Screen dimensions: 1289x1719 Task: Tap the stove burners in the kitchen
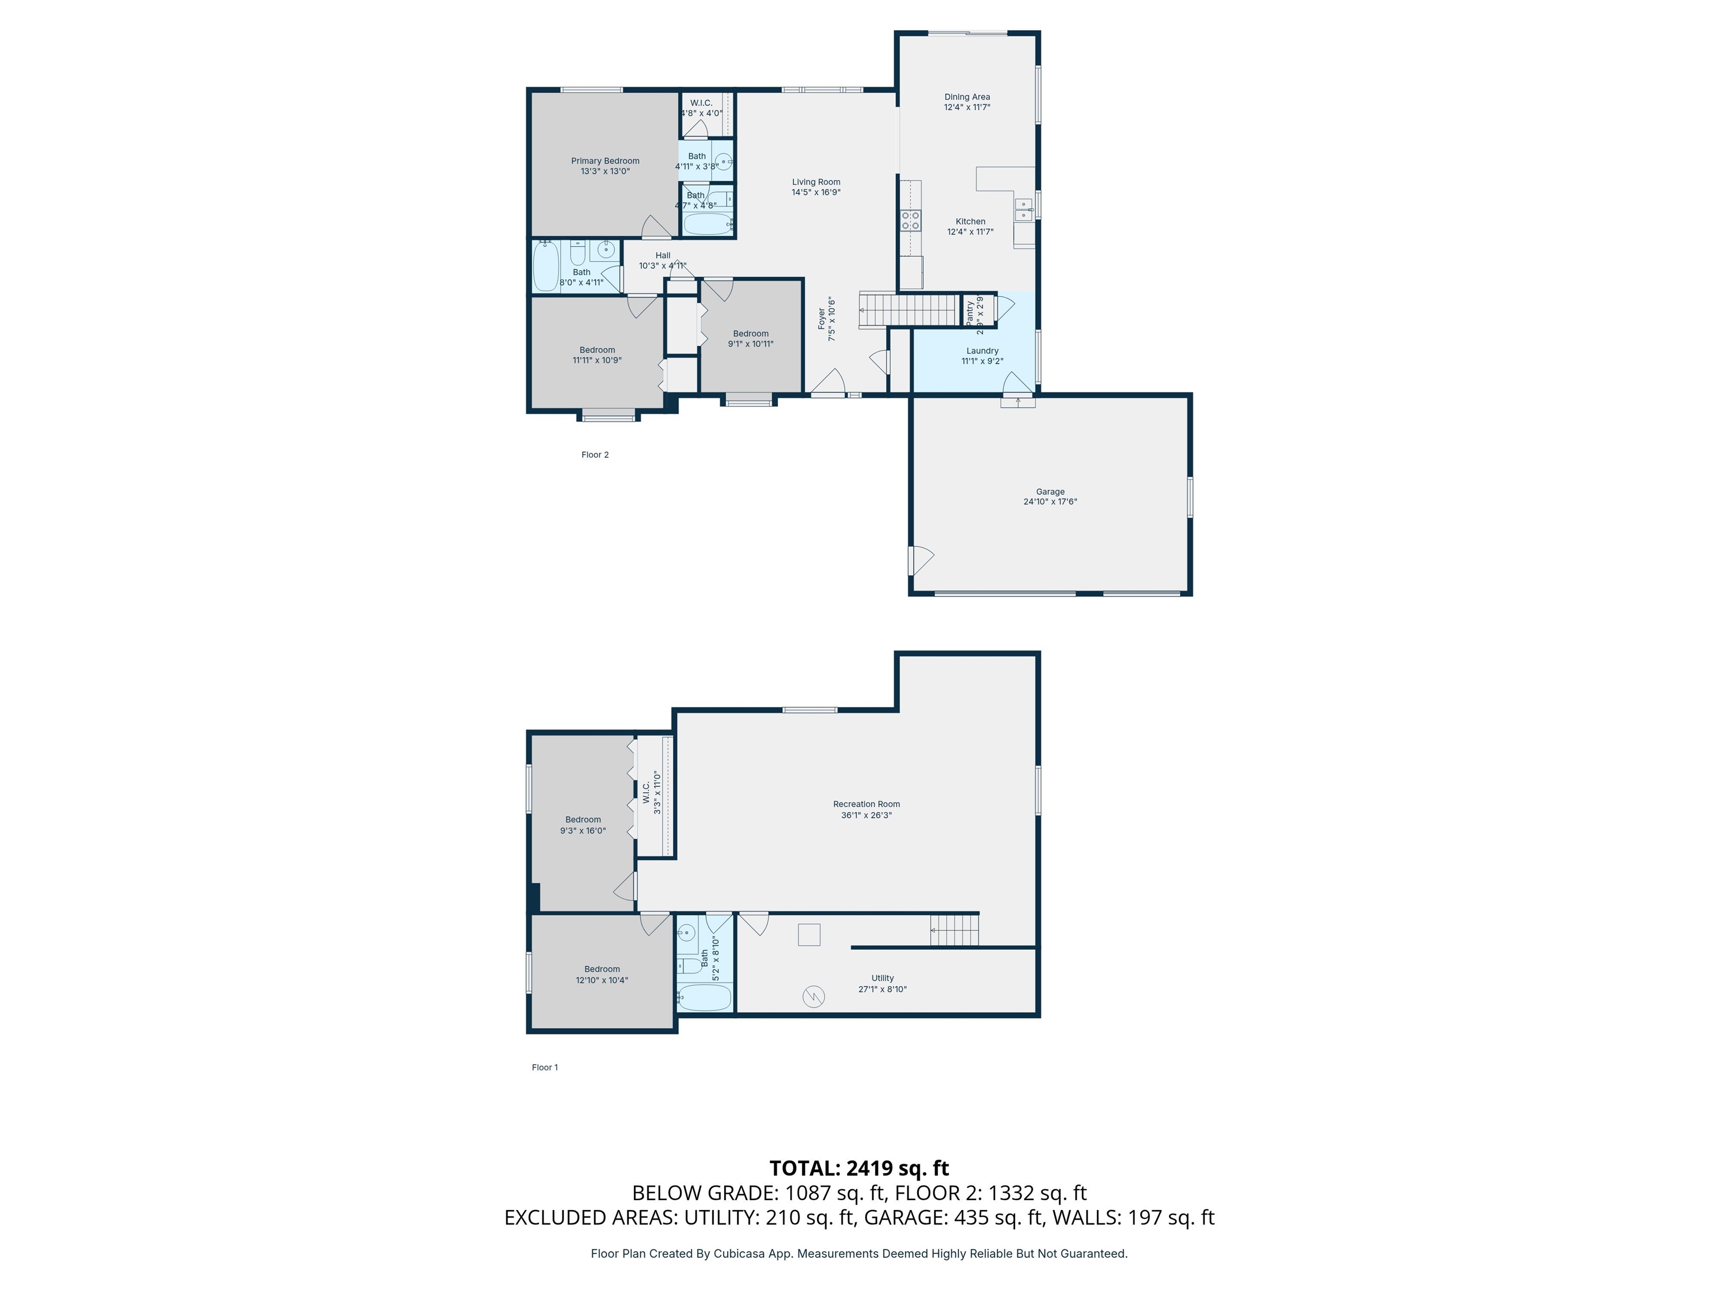click(910, 220)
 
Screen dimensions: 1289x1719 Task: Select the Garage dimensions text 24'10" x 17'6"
click(1050, 502)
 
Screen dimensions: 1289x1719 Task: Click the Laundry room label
click(981, 351)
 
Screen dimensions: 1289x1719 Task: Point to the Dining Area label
click(967, 97)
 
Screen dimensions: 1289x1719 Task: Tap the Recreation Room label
click(866, 804)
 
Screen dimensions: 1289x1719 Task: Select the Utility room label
click(882, 978)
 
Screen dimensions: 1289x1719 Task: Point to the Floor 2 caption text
click(594, 454)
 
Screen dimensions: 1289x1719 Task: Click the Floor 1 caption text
click(544, 1067)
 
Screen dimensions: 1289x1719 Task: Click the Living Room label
click(816, 182)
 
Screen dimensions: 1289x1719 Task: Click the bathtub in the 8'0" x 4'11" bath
click(546, 266)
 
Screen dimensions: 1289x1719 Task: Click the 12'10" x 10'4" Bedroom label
click(602, 969)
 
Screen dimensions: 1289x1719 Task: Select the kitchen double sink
click(1023, 210)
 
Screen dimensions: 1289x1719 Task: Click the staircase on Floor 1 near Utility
click(954, 930)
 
